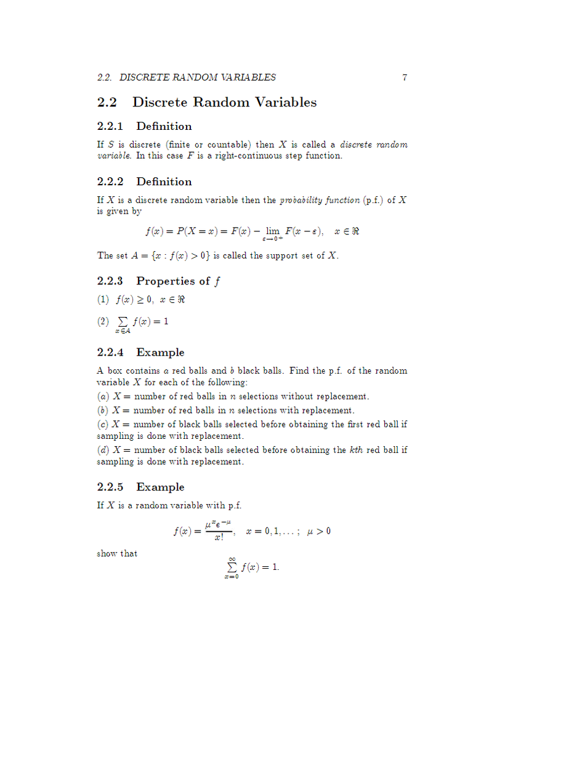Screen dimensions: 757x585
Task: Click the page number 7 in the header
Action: pos(405,78)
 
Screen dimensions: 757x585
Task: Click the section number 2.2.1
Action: pos(110,126)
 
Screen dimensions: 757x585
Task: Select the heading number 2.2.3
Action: pos(110,281)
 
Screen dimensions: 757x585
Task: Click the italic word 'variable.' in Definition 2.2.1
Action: pos(114,156)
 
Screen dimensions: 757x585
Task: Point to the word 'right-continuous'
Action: pos(236,156)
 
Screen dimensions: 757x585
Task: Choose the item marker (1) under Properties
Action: pos(103,300)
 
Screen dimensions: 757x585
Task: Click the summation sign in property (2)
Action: pos(122,322)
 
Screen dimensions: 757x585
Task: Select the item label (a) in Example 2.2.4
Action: pos(103,396)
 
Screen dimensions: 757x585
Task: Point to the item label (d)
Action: pos(103,450)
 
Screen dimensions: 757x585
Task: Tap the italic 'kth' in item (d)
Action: pos(356,450)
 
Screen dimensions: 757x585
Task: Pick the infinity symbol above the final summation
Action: pos(232,559)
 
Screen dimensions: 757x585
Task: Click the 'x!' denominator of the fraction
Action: pos(219,537)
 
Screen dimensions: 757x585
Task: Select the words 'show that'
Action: pos(117,553)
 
